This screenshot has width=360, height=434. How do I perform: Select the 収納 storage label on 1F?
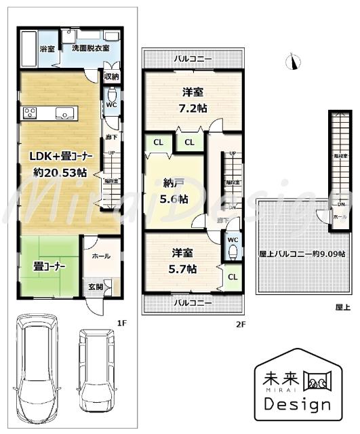pyautogui.click(x=111, y=76)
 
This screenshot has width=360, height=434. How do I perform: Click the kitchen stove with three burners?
pyautogui.click(x=29, y=113)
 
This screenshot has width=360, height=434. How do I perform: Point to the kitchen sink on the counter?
pyautogui.click(x=63, y=114)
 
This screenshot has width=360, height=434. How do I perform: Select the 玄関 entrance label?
pyautogui.click(x=96, y=287)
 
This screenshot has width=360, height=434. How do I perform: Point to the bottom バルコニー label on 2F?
pyautogui.click(x=192, y=302)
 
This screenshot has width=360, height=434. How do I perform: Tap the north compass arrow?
pyautogui.click(x=293, y=63)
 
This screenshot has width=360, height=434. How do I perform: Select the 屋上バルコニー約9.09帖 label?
pyautogui.click(x=302, y=254)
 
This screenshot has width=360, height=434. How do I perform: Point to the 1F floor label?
pyautogui.click(x=121, y=323)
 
